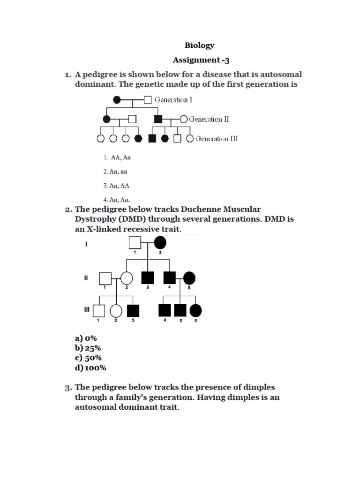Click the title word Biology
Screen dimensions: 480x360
coord(199,45)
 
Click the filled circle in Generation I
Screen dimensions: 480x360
coord(117,100)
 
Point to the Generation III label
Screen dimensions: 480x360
coord(217,139)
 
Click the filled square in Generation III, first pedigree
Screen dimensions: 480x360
coord(152,139)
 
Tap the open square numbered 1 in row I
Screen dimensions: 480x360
coord(135,242)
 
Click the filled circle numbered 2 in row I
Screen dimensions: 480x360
coord(160,242)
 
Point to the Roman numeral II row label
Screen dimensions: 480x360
coord(86,278)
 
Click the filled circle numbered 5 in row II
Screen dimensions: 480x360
coord(189,278)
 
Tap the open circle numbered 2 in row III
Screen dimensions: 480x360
coord(116,310)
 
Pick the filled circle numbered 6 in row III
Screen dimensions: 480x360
coord(195,310)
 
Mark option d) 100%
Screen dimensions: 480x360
coord(90,367)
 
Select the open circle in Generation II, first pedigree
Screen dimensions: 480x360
coord(183,119)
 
